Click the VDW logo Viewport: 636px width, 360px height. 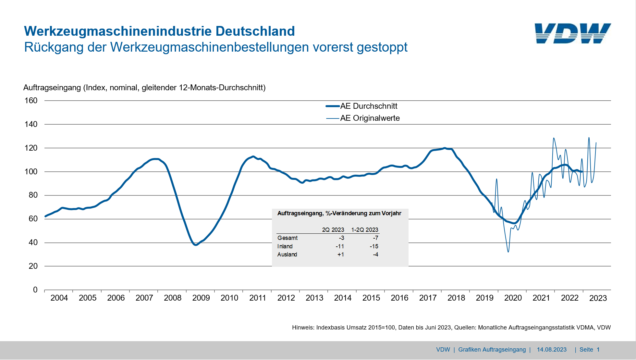click(x=572, y=33)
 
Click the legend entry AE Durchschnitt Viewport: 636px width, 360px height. click(x=368, y=106)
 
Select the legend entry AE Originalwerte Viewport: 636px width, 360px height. click(x=370, y=118)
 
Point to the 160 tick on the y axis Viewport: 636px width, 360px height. click(x=31, y=101)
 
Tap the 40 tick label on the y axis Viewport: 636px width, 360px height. click(x=33, y=242)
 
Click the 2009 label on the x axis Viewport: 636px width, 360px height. click(x=201, y=298)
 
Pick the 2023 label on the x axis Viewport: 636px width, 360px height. click(x=598, y=298)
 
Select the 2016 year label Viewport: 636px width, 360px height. click(x=399, y=298)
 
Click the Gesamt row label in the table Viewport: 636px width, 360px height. click(x=287, y=238)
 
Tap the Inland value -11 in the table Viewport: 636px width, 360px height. click(x=339, y=246)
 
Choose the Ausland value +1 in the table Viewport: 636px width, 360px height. click(x=340, y=254)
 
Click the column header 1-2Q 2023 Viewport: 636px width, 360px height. click(x=364, y=230)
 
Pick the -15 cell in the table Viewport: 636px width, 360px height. click(x=374, y=246)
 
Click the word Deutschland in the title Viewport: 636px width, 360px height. click(x=255, y=31)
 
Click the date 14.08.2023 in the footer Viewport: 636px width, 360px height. click(x=551, y=350)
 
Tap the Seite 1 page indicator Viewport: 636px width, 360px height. click(x=589, y=350)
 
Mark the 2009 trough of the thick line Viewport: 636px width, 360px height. click(x=195, y=245)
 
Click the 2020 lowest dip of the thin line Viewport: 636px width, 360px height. click(x=508, y=252)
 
